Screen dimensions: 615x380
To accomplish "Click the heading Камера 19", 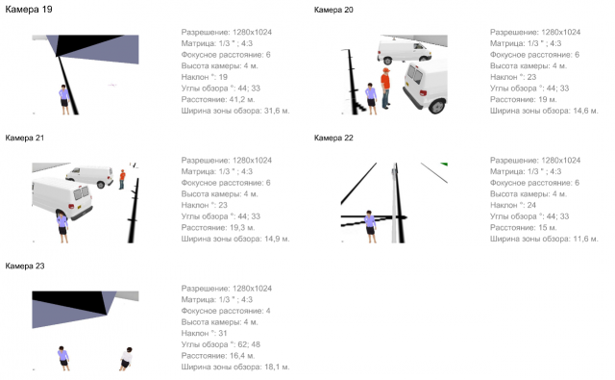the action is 29,10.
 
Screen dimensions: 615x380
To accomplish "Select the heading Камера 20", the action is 333,10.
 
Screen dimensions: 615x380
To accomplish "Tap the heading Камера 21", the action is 25,138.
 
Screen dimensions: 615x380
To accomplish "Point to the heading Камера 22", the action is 333,138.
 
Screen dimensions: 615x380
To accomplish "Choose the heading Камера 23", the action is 25,266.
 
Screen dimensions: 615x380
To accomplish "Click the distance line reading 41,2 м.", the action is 218,99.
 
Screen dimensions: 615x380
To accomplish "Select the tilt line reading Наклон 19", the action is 205,77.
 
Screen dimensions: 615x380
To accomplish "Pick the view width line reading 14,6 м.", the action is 544,111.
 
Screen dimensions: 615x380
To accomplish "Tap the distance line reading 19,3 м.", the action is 218,227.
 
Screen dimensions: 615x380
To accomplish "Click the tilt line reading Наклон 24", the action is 513,205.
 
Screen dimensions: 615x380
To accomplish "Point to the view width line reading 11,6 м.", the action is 544,239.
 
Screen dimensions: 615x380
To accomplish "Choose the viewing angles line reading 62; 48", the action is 221,344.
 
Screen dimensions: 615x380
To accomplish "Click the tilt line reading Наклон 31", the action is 205,333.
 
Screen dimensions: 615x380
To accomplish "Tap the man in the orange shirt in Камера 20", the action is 385,89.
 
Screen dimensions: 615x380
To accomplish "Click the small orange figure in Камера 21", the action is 122,179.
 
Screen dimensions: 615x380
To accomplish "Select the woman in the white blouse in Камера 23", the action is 126,359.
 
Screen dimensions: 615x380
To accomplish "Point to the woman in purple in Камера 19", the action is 64,99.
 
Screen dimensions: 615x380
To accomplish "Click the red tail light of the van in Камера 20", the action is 423,93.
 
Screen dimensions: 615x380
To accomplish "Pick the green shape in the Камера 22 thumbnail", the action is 444,165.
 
